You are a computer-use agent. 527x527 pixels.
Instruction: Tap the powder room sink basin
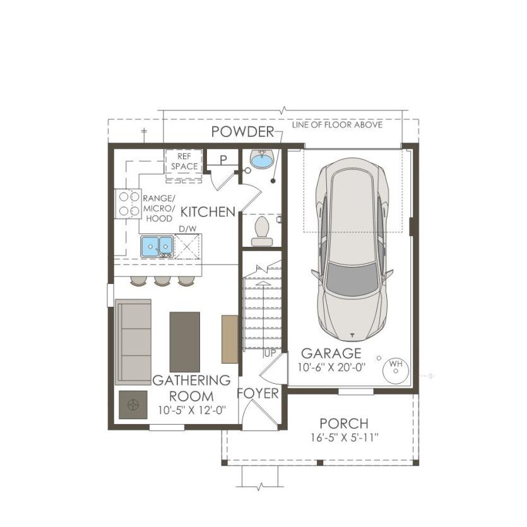260,160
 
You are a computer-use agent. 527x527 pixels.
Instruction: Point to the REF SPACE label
184,161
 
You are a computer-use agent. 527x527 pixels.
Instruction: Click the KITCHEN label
208,212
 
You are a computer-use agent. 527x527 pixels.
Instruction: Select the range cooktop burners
127,203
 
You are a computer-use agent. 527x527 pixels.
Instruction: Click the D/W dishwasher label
187,228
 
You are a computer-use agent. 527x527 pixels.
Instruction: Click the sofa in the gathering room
133,340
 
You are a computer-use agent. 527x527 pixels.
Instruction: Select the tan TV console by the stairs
230,339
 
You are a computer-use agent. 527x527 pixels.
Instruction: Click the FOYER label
258,394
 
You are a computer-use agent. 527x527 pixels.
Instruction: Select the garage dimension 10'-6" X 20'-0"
332,367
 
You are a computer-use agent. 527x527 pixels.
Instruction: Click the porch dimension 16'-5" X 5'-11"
344,437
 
